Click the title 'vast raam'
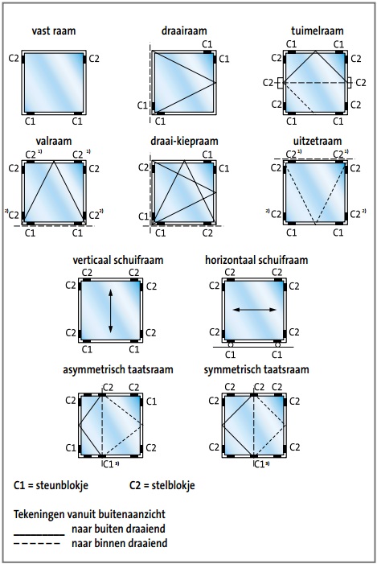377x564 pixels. tap(54, 31)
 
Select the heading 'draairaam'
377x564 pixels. tap(184, 31)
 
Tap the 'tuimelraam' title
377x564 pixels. tap(318, 31)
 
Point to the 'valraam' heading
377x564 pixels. tap(54, 141)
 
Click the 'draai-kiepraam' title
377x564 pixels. tap(184, 141)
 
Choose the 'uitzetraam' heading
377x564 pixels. tap(318, 141)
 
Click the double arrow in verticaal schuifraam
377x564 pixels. tap(111, 311)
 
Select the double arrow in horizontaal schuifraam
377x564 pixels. tap(255, 310)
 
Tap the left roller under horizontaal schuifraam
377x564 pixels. tap(231, 344)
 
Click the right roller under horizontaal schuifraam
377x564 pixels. tap(277, 344)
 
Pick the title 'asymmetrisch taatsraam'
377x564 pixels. tap(118, 370)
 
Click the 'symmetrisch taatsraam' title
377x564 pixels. tap(256, 370)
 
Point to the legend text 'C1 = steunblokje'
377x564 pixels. tap(51, 485)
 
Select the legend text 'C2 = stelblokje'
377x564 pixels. tap(162, 485)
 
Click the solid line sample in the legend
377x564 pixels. tap(39, 535)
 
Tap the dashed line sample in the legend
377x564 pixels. tap(37, 544)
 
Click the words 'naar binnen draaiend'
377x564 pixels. tap(120, 543)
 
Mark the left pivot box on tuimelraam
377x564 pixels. tap(281, 83)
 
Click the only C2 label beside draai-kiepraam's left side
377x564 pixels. tap(143, 167)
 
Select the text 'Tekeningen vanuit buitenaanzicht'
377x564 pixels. tap(89, 514)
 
